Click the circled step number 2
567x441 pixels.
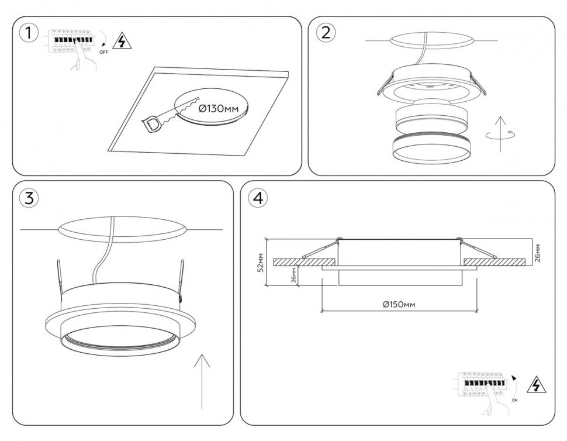click(326, 32)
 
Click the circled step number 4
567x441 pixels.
click(258, 198)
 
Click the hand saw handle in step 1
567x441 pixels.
click(151, 123)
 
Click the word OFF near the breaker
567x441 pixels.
click(103, 52)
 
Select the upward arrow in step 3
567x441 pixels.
click(202, 380)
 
